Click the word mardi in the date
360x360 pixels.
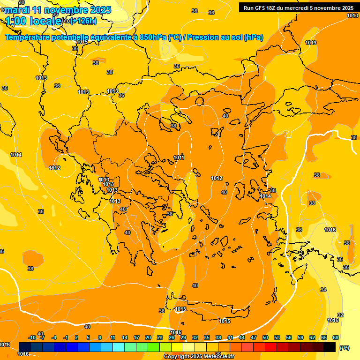15,10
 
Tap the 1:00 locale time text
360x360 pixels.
34,21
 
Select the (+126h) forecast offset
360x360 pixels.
83,21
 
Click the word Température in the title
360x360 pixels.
30,37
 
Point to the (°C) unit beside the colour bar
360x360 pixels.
344,348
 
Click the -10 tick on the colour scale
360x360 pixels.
32,337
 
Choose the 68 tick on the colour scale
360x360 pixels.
336,337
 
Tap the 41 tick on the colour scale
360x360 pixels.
230,337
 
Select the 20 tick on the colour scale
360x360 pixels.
148,337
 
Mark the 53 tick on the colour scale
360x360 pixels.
277,337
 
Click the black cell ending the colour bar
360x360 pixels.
330,347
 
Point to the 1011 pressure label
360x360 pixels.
179,157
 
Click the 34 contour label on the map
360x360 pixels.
323,290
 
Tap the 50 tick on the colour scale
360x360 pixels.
265,337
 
